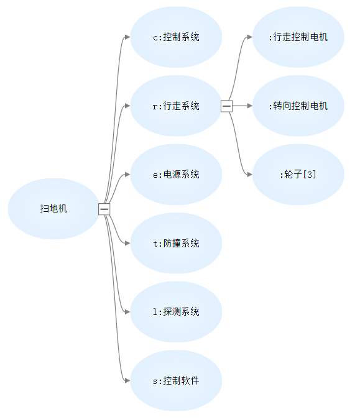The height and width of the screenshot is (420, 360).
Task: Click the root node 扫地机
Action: pos(53,209)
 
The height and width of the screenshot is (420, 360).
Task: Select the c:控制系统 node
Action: pos(176,37)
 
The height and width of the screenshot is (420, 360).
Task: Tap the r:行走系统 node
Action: pos(176,106)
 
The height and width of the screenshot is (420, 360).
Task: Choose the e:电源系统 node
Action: pos(176,175)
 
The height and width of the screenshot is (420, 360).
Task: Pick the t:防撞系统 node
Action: pos(176,243)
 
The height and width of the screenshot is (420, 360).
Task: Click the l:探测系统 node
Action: pos(176,312)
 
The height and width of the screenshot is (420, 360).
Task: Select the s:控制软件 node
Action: pos(176,381)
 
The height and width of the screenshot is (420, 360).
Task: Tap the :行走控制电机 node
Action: pos(298,37)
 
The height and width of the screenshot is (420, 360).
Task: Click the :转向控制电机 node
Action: pos(298,106)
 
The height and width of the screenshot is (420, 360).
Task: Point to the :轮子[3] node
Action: pos(298,175)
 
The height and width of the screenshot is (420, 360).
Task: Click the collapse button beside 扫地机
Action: pos(104,209)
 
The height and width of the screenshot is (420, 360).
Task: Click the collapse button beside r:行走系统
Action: pos(226,106)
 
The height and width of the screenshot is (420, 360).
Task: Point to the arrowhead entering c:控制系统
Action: pos(127,37)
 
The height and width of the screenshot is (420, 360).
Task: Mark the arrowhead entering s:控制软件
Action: pos(127,381)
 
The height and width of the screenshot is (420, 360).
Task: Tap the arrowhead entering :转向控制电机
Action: pos(250,106)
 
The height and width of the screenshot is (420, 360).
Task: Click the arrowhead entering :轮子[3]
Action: pos(250,175)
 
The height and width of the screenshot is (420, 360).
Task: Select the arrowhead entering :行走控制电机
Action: pos(250,37)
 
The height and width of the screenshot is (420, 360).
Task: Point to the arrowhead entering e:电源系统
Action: pos(127,175)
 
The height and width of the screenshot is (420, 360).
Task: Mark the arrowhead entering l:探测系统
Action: pos(127,312)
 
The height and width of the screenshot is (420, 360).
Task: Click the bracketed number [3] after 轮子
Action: pos(310,175)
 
